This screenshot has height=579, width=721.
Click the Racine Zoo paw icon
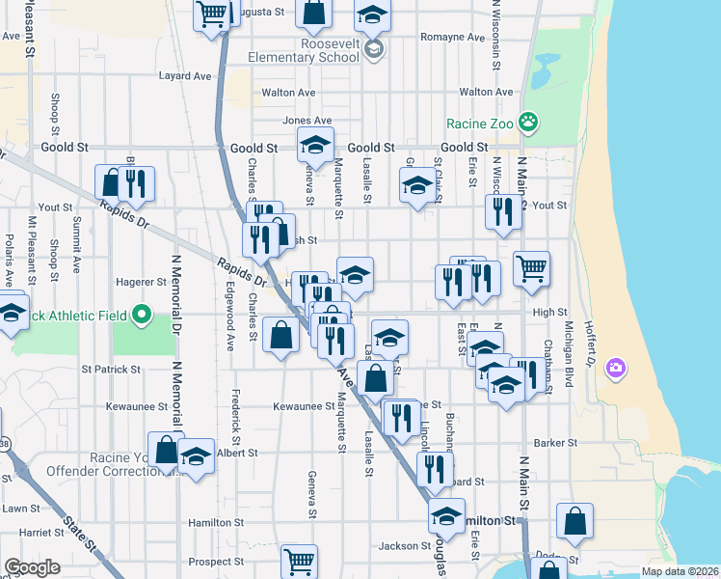pos(528,123)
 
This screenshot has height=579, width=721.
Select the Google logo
pos(33,567)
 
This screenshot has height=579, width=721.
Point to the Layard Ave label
pos(184,75)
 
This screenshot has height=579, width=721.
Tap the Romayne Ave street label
pos(451,38)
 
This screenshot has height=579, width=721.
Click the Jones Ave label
pos(300,121)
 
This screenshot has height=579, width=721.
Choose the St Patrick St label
pos(111,369)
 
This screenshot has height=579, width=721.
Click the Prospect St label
pos(216,561)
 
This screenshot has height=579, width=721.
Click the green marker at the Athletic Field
pos(142,314)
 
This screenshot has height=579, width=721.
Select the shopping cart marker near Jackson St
pos(299,561)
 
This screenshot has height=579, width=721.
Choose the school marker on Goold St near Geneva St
pos(314,146)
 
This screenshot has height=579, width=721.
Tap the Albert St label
pos(237,452)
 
